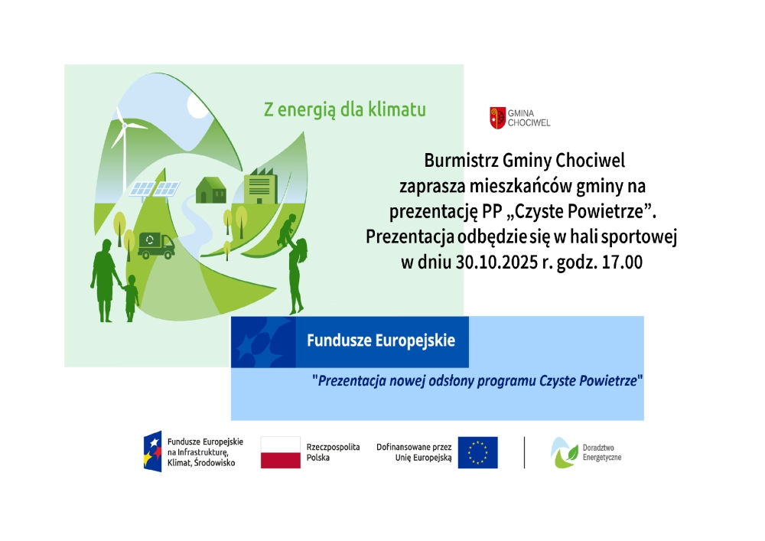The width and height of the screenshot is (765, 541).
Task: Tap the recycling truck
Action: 156,245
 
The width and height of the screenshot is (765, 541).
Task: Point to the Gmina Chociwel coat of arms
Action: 497,118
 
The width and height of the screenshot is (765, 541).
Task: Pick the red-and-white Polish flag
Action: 280,452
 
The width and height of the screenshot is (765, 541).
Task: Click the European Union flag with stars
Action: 477,452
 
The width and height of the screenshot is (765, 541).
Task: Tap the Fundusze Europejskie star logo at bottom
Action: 152,451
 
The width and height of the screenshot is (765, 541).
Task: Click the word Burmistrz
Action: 461,161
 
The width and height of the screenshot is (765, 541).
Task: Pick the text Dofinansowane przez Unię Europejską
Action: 414,452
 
